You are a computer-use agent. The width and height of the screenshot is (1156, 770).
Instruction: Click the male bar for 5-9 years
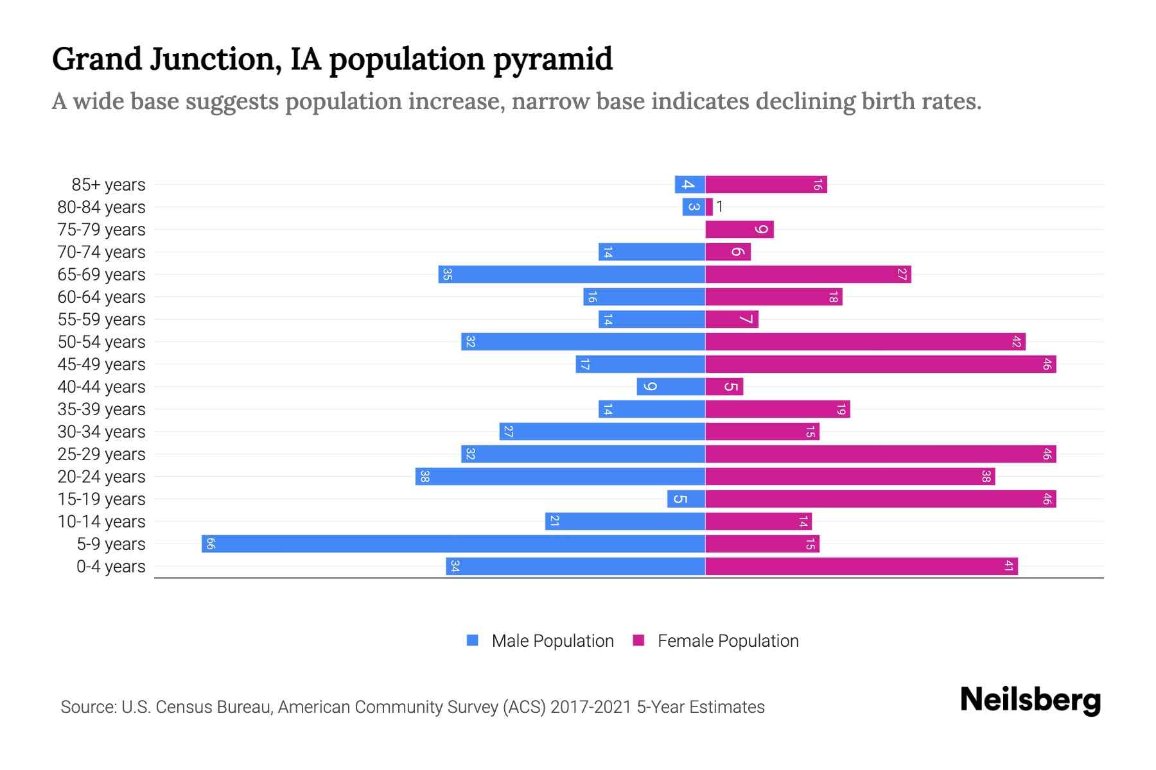tap(453, 544)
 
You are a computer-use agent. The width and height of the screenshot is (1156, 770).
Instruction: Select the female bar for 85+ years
tap(766, 185)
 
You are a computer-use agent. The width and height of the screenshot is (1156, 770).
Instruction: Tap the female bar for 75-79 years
tap(739, 230)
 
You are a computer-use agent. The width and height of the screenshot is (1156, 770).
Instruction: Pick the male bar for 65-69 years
tap(572, 275)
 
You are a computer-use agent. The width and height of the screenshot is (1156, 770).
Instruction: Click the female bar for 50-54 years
tap(865, 342)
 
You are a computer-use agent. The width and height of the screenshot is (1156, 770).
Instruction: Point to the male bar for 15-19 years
tap(686, 499)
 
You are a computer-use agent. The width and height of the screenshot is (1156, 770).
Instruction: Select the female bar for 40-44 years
tap(724, 387)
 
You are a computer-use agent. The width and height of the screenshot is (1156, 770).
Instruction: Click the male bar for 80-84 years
tap(694, 207)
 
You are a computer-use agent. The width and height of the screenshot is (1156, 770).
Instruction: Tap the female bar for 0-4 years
tap(861, 567)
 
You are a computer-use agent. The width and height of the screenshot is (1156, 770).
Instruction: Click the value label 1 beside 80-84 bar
tap(720, 207)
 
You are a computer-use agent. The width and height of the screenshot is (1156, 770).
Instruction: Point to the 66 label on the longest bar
tap(211, 544)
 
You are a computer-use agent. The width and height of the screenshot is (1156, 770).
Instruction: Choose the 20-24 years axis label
tap(101, 477)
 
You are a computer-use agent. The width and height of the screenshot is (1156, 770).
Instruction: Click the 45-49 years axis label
tap(101, 364)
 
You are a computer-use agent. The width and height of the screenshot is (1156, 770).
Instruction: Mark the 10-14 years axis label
tap(101, 522)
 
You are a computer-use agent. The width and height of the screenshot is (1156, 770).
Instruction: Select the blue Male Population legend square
tap(473, 640)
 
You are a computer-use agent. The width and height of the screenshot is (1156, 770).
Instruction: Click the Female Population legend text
tap(728, 641)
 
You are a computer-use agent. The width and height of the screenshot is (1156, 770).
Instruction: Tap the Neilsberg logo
tap(1030, 700)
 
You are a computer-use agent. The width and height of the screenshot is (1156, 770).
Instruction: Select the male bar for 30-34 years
tap(602, 432)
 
